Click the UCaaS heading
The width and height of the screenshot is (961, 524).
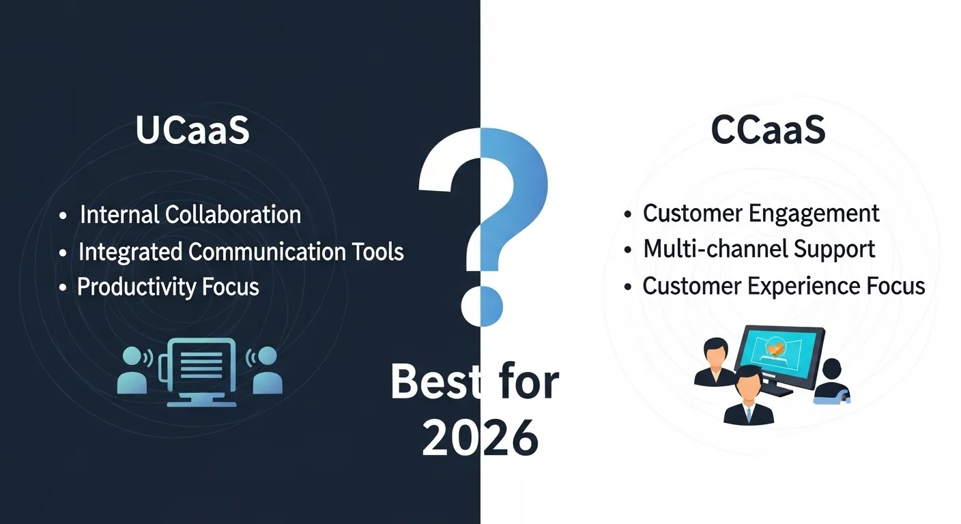[192, 132]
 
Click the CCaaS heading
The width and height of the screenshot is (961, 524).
[768, 132]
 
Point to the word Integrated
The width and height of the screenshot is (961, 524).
[130, 252]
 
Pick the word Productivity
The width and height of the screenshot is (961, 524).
[128, 287]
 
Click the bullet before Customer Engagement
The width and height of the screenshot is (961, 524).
[628, 215]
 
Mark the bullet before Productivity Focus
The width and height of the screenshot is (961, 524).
[63, 288]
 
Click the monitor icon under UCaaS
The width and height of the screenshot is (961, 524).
[201, 369]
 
